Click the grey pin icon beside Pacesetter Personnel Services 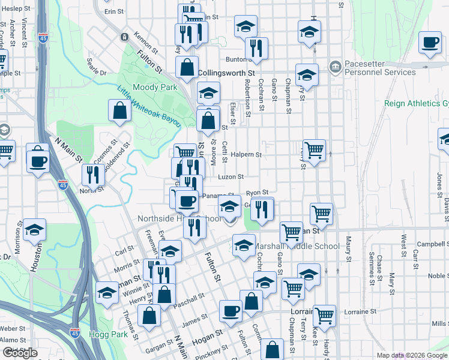(335, 65)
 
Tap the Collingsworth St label (222, 73)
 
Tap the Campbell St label (433, 244)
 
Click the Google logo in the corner (20, 353)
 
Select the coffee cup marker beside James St (231, 311)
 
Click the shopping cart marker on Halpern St (315, 149)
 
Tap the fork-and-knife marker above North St (93, 175)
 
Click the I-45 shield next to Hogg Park (74, 331)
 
